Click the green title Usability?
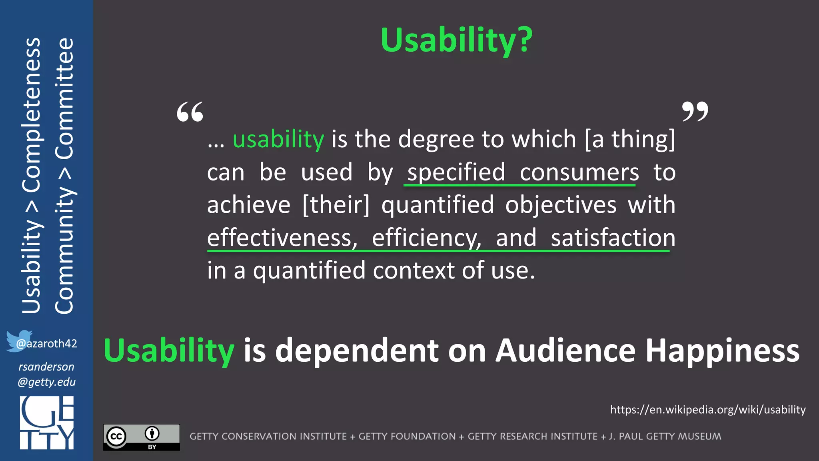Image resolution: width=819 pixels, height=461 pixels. point(456,40)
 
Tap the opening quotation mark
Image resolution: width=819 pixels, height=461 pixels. point(190,112)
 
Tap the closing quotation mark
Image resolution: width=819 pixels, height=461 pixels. point(695,111)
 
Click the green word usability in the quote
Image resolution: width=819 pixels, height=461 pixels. point(278,140)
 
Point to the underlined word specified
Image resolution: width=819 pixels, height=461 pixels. point(456,172)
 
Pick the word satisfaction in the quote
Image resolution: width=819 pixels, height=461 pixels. point(613,238)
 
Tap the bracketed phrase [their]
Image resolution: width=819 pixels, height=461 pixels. point(336,205)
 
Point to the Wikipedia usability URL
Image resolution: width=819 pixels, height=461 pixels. point(707,410)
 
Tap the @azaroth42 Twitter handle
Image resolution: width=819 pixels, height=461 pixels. point(47,344)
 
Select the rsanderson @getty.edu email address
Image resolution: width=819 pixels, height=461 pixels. point(46,374)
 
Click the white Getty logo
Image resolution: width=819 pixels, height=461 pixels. point(47,423)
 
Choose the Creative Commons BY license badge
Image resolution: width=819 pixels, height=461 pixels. point(142,437)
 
